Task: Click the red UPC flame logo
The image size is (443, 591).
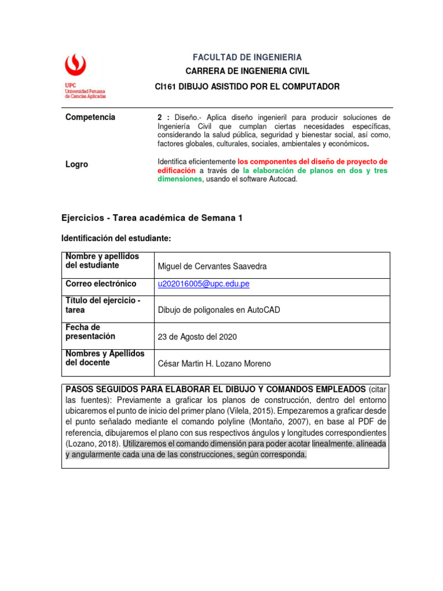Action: pos(77,66)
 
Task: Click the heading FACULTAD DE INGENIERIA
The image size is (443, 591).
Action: pos(247,57)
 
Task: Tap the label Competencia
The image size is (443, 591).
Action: pos(90,117)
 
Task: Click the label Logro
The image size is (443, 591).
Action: pos(77,164)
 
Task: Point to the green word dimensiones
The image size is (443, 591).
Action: pos(179,179)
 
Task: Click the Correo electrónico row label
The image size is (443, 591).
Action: pos(101,284)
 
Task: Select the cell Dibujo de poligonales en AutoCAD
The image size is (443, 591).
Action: pos(219,310)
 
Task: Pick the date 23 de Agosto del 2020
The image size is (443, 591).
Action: pos(197,337)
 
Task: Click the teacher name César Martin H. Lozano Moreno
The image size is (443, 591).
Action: pos(213,364)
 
